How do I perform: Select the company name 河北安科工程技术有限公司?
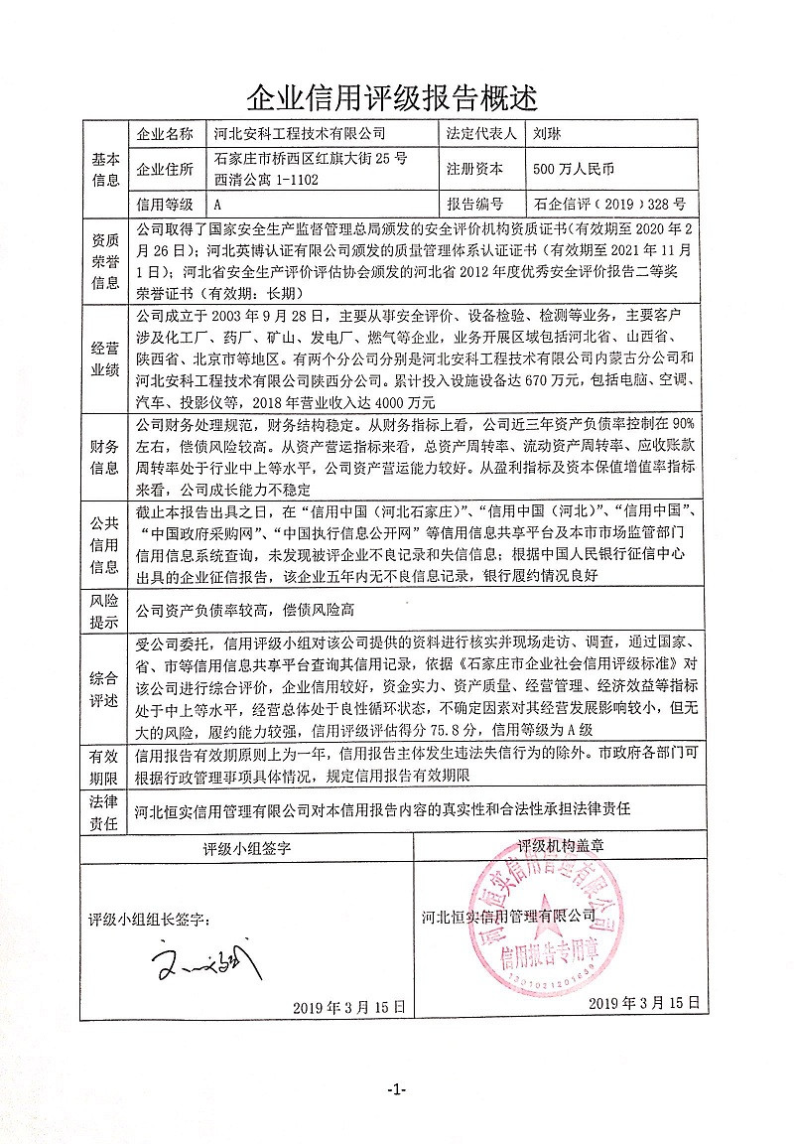point(298,132)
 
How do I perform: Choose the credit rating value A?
point(217,206)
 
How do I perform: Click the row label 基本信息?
point(105,169)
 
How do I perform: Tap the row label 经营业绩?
point(105,359)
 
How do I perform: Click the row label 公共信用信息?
point(105,545)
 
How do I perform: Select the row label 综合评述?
point(105,687)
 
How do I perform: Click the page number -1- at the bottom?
point(396,1089)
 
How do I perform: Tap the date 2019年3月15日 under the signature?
point(349,1006)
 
